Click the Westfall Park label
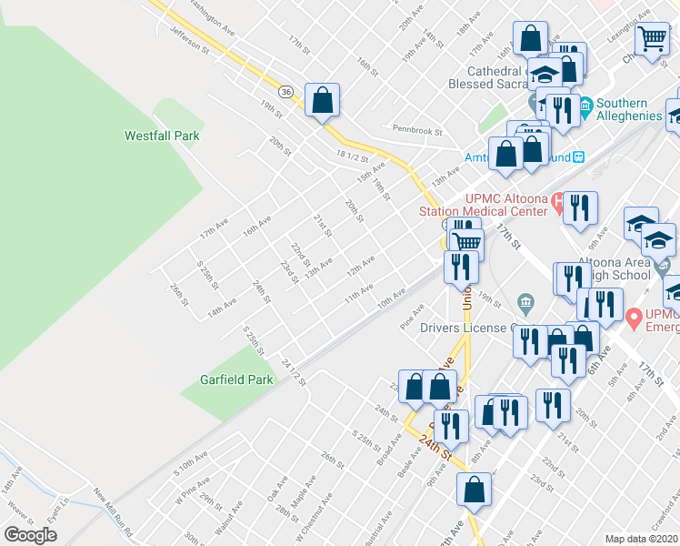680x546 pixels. tap(161, 136)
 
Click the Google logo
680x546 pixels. tap(30, 535)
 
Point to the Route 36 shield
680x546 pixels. tap(285, 93)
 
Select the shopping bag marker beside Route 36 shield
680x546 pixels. tap(322, 100)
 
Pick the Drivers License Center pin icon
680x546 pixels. tap(525, 301)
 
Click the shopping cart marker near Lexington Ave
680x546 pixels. tap(652, 40)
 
